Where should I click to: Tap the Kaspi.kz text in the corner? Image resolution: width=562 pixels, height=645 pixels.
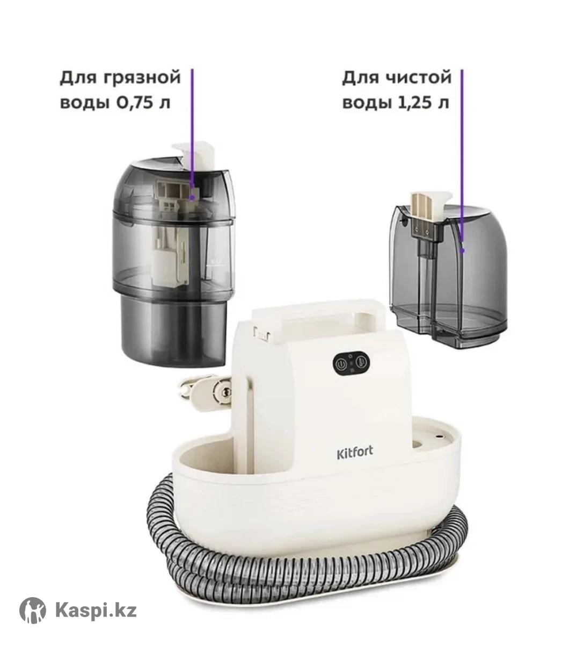coord(96,611)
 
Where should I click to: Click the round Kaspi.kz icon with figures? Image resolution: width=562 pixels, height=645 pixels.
coord(32,611)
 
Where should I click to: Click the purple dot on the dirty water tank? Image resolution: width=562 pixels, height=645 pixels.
coord(192,198)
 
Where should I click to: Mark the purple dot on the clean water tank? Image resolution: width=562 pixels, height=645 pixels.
coord(463,251)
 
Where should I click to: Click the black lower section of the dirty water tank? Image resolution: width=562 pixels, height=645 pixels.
coord(173,333)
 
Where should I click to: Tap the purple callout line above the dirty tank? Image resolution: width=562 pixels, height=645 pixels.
coord(192,132)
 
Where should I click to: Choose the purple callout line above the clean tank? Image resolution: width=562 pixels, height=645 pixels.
coord(462,159)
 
